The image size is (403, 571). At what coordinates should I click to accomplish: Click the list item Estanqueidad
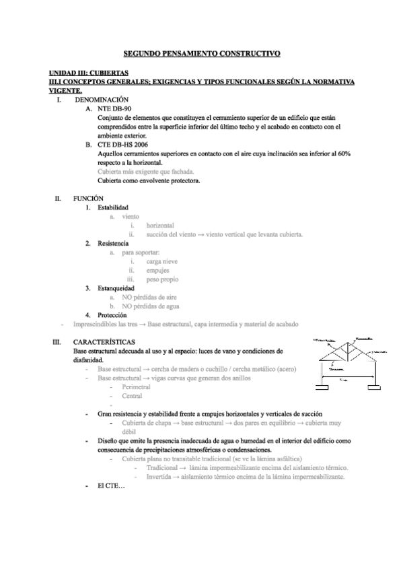pos(116,288)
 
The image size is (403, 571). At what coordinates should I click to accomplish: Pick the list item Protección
pos(112,314)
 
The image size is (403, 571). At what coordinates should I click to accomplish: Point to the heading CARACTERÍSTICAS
pos(104,342)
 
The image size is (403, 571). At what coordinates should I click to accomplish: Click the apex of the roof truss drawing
pos(348,343)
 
